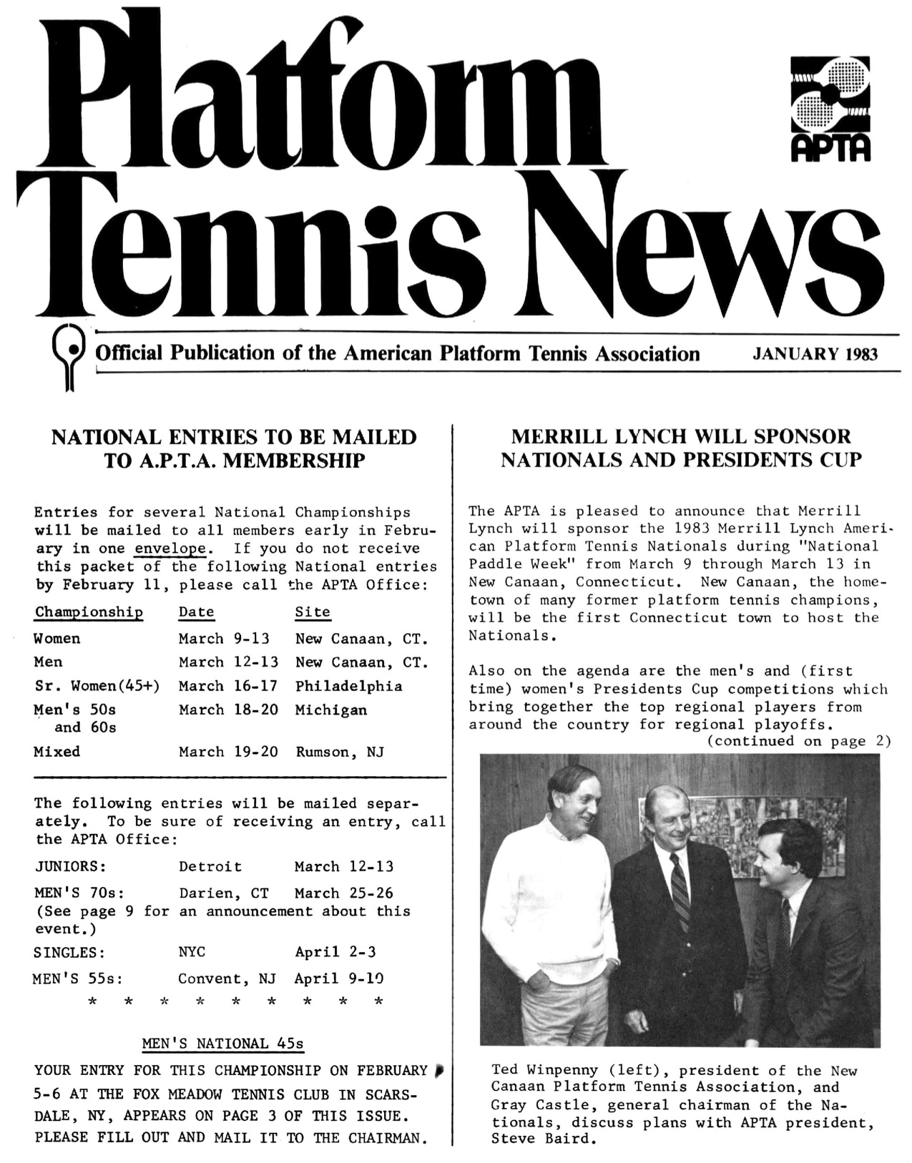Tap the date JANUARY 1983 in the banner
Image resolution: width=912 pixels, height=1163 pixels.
click(815, 354)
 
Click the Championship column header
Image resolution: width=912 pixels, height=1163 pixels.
click(89, 612)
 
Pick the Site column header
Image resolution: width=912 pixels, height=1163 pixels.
click(313, 612)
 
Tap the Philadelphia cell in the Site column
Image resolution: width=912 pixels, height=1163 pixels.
click(348, 687)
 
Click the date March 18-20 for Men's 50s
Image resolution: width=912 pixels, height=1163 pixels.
click(228, 710)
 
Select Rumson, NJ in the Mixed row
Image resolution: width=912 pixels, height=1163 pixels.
click(340, 752)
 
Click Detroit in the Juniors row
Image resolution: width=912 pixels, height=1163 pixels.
click(210, 867)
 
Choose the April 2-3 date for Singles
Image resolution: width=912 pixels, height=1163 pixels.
click(335, 953)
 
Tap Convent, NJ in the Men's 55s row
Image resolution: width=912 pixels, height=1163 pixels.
click(227, 979)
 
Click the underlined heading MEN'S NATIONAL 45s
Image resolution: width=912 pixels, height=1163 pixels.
click(223, 1044)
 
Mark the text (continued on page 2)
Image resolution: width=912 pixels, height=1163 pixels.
click(799, 742)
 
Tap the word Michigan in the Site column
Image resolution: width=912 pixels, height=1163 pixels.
click(330, 710)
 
